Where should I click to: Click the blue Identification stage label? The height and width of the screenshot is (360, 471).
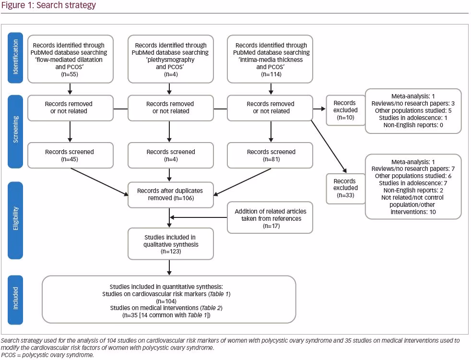[x=15, y=58]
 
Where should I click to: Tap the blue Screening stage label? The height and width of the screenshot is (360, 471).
[x=15, y=132]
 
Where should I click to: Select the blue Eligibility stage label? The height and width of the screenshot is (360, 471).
[x=15, y=220]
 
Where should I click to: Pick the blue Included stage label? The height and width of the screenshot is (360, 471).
[x=15, y=300]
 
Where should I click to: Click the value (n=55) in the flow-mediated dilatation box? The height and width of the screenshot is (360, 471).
[x=70, y=74]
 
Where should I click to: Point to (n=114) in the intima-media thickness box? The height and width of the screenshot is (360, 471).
[x=271, y=74]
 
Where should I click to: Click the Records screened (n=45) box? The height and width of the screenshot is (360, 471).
[x=71, y=156]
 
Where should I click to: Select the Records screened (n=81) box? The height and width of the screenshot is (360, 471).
[x=270, y=156]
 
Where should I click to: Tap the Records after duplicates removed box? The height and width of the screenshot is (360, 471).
[x=171, y=195]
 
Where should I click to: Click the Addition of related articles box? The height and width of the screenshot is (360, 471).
[x=270, y=217]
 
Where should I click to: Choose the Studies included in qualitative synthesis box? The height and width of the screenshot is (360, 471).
[x=171, y=244]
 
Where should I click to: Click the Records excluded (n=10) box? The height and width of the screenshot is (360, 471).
[x=346, y=110]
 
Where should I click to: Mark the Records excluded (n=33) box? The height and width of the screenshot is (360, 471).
[x=346, y=188]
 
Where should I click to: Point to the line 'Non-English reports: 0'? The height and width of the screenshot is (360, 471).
[x=413, y=125]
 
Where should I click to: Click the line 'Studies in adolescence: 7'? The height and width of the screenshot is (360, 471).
[x=413, y=183]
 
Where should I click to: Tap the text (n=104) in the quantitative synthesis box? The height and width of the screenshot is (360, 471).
[x=166, y=301]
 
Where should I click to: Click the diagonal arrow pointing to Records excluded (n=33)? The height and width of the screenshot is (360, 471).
[x=329, y=147]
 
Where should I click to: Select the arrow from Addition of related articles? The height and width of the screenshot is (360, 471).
[x=199, y=217]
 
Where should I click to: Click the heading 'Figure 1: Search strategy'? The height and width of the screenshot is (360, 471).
[x=48, y=5]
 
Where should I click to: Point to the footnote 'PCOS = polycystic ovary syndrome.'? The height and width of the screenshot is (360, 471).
[x=47, y=355]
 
